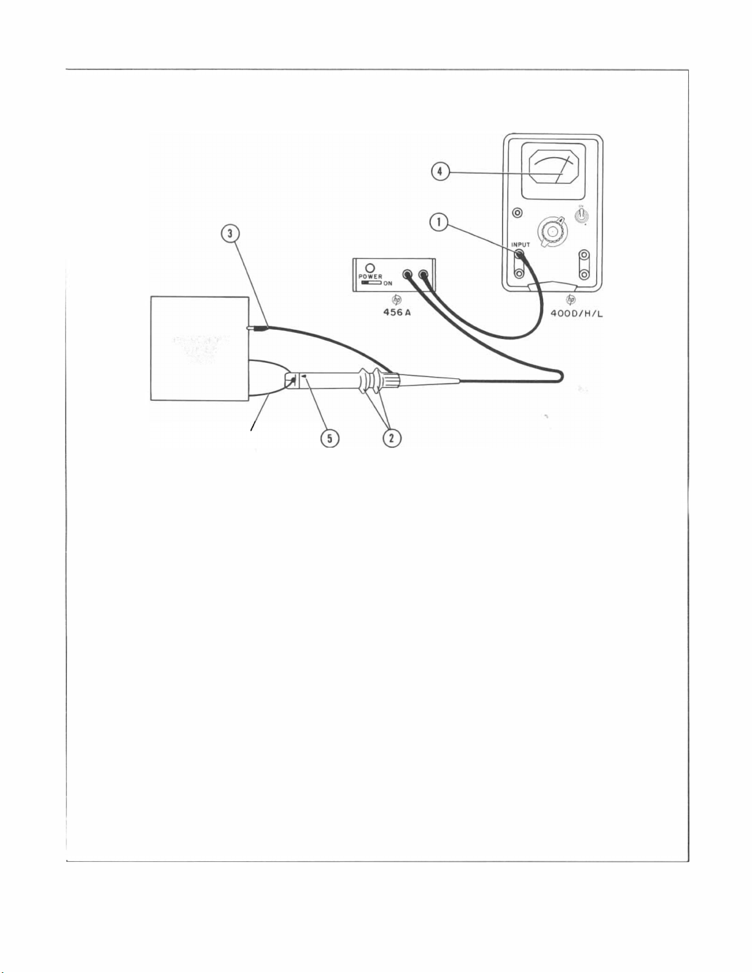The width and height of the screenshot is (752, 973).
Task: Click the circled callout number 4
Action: point(440,171)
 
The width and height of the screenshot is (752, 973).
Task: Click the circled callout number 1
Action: point(439,222)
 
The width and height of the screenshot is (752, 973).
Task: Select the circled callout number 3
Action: point(230,234)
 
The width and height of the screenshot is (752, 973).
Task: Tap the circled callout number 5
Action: point(330,438)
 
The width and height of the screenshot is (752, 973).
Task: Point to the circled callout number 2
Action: point(392,438)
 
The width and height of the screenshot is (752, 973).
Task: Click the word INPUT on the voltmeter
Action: point(521,244)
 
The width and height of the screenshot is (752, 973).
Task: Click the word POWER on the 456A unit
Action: point(370,277)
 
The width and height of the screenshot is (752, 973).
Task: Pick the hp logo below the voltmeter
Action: point(571,300)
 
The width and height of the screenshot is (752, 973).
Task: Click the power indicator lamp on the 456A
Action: point(370,268)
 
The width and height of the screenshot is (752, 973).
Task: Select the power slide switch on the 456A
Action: point(371,283)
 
